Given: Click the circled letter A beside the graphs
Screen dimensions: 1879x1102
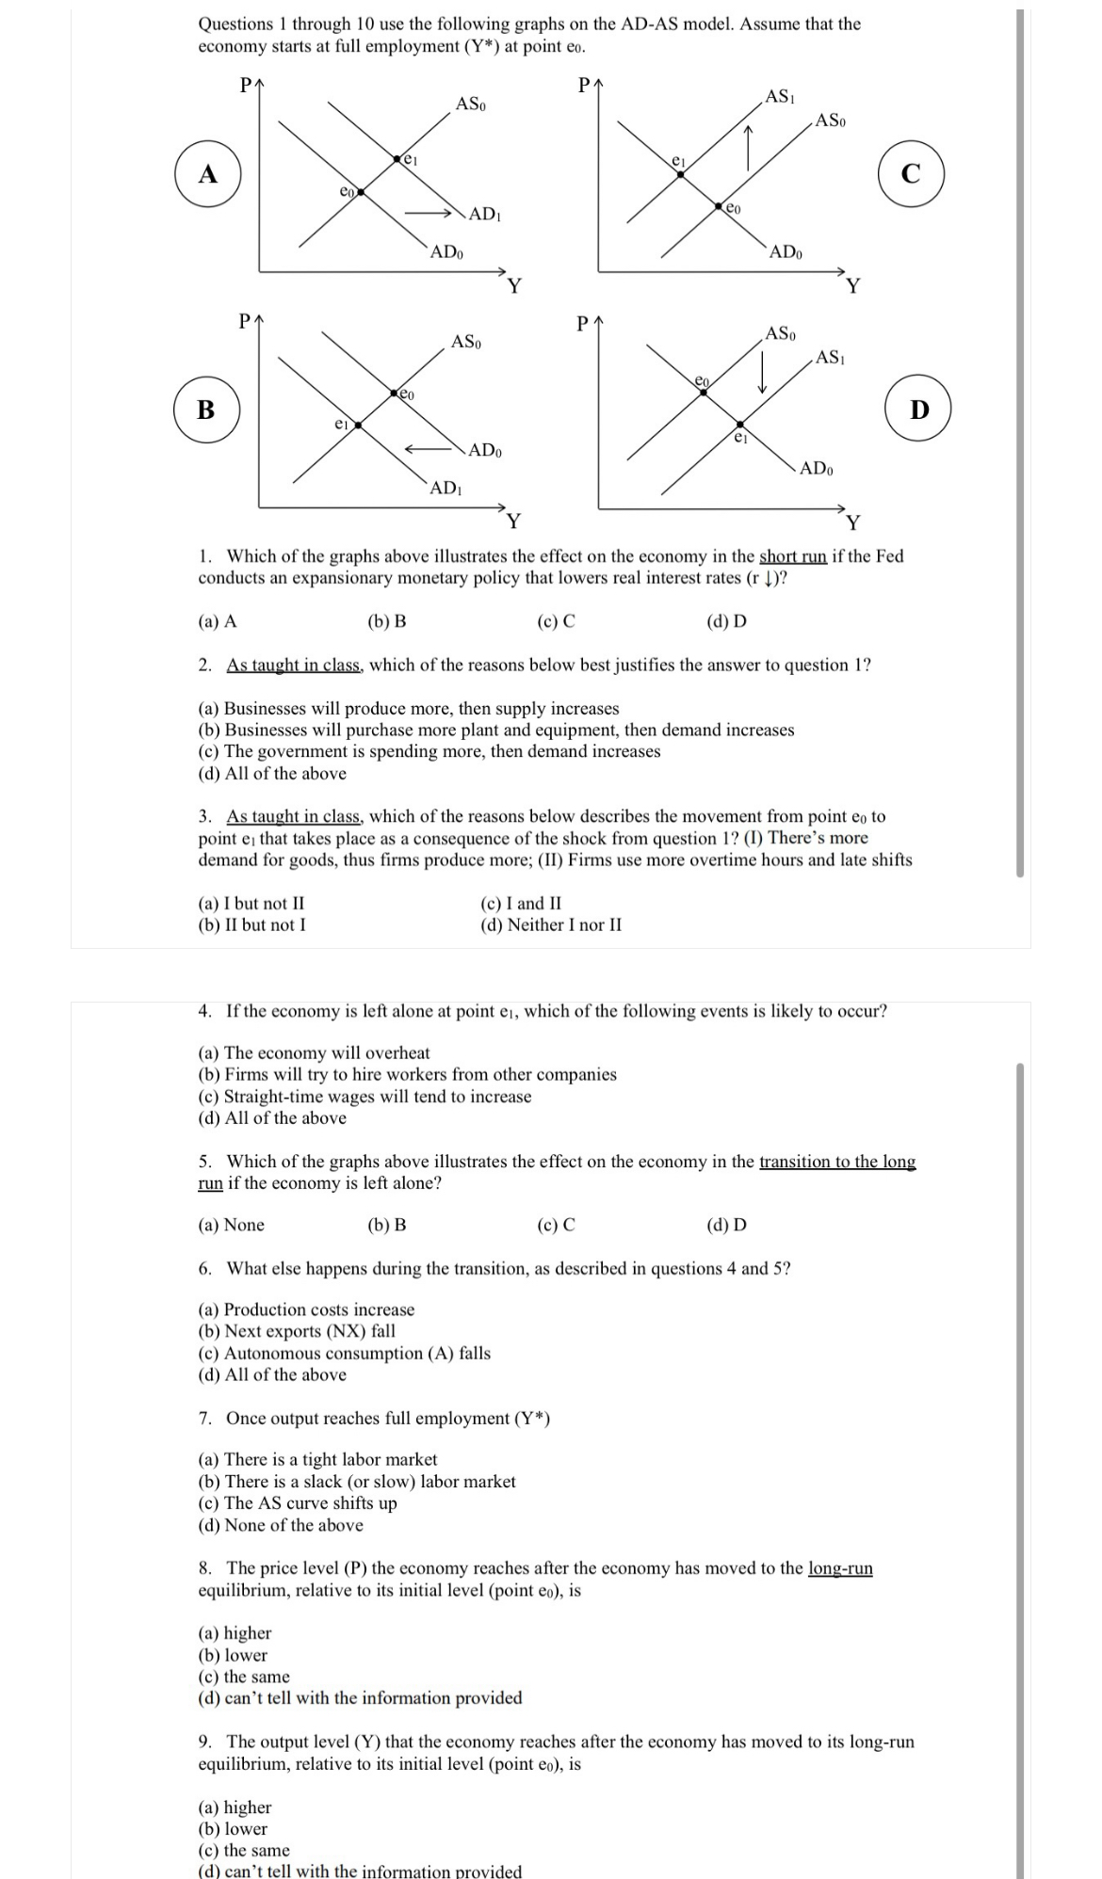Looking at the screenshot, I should [207, 174].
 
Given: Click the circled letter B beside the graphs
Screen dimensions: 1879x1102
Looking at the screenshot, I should [206, 410].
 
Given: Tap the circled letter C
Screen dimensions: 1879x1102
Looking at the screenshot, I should [911, 174].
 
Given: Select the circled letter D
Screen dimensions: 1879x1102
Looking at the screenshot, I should [920, 410].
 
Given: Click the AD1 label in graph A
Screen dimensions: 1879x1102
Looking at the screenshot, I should [484, 214].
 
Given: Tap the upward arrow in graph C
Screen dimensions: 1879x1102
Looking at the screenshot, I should [748, 148].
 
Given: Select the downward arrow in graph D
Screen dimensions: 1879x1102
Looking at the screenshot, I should [763, 372].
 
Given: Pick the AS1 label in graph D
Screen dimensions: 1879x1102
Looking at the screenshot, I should [831, 357].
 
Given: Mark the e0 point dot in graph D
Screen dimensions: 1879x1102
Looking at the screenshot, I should [703, 392].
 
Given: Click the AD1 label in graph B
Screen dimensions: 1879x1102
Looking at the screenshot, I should [445, 488].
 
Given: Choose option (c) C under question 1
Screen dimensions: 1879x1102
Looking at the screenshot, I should [556, 621].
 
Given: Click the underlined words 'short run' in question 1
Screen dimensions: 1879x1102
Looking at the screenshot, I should [793, 556].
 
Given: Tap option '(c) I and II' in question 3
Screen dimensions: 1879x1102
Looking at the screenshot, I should [521, 904].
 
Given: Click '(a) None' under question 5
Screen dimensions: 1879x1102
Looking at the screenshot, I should [232, 1225].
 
